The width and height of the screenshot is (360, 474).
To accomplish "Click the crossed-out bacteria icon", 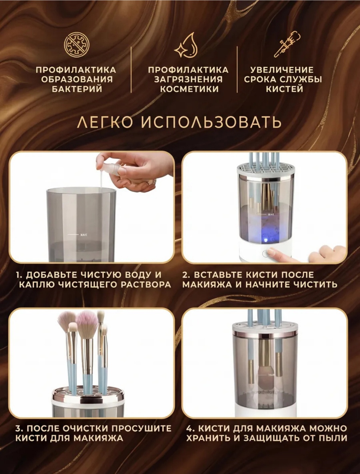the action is click(77, 45).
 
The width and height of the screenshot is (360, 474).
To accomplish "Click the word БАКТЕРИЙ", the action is click(77, 89).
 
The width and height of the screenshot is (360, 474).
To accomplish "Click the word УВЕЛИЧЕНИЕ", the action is click(282, 70).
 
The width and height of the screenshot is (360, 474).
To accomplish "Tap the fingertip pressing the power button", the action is click(271, 251).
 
